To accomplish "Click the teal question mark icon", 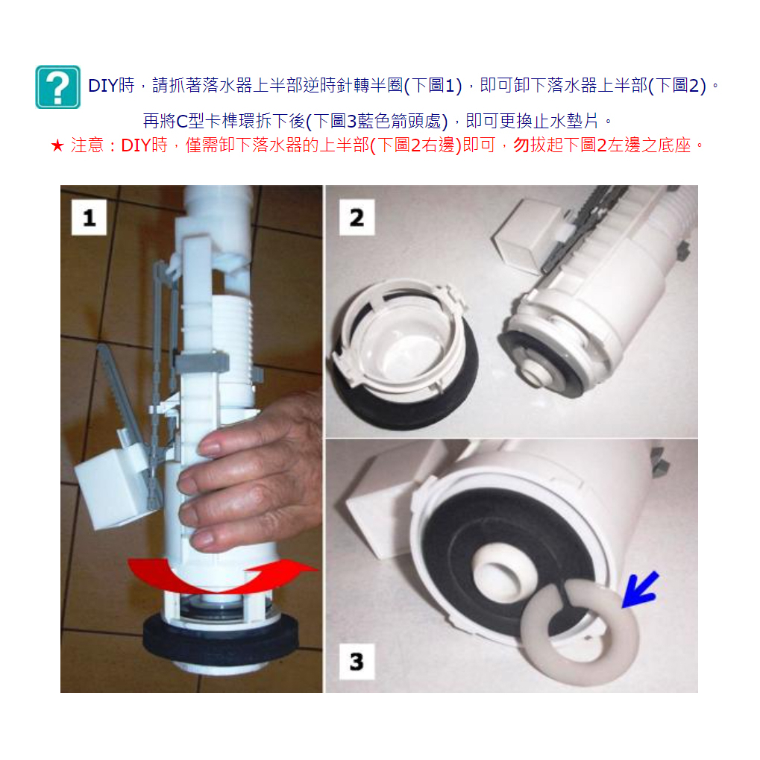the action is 57,87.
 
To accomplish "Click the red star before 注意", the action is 57,145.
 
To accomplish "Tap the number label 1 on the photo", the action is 89,218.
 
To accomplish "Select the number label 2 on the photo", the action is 357,218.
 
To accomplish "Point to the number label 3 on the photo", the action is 357,662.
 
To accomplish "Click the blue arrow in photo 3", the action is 640,590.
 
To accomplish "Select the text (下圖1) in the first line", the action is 433,86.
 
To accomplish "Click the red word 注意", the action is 87,145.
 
